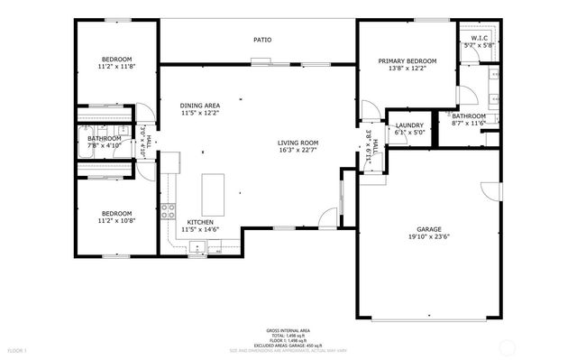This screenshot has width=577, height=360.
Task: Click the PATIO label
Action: (261, 40)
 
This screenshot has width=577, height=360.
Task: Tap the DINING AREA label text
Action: (200, 106)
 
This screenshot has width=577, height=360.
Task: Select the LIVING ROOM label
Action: (298, 143)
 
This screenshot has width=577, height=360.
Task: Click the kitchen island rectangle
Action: (212, 190)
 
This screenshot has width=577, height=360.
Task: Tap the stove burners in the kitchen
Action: (169, 212)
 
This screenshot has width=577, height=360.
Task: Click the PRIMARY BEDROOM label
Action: (407, 60)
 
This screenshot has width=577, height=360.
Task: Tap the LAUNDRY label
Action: (409, 125)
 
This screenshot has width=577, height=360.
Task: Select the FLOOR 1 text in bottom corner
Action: (17, 349)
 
